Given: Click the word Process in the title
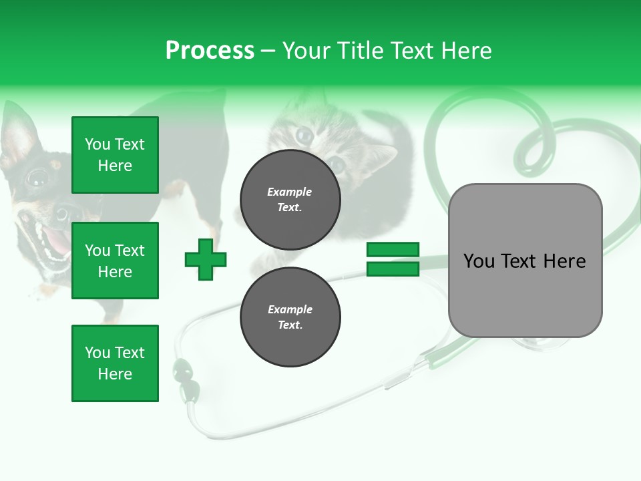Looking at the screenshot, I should pos(210,51).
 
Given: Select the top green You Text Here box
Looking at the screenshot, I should pos(115,155).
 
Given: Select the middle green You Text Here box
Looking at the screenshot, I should pos(115,261).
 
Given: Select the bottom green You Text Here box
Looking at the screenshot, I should pos(115,363).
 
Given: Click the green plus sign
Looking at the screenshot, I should pos(206,259).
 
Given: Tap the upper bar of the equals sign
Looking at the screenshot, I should pos(393,249).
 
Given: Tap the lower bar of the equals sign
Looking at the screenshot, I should pos(393,269).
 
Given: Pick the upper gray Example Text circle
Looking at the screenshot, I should pos(290,199).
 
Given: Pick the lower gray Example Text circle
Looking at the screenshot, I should pos(290,317).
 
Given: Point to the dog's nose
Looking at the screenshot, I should pos(61,213).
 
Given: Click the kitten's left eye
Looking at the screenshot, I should pos(304,136).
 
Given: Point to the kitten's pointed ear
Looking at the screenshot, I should pos(382,159).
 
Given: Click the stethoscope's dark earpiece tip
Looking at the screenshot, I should pos(181,368).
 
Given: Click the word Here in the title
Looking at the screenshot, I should pos(465,51).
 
